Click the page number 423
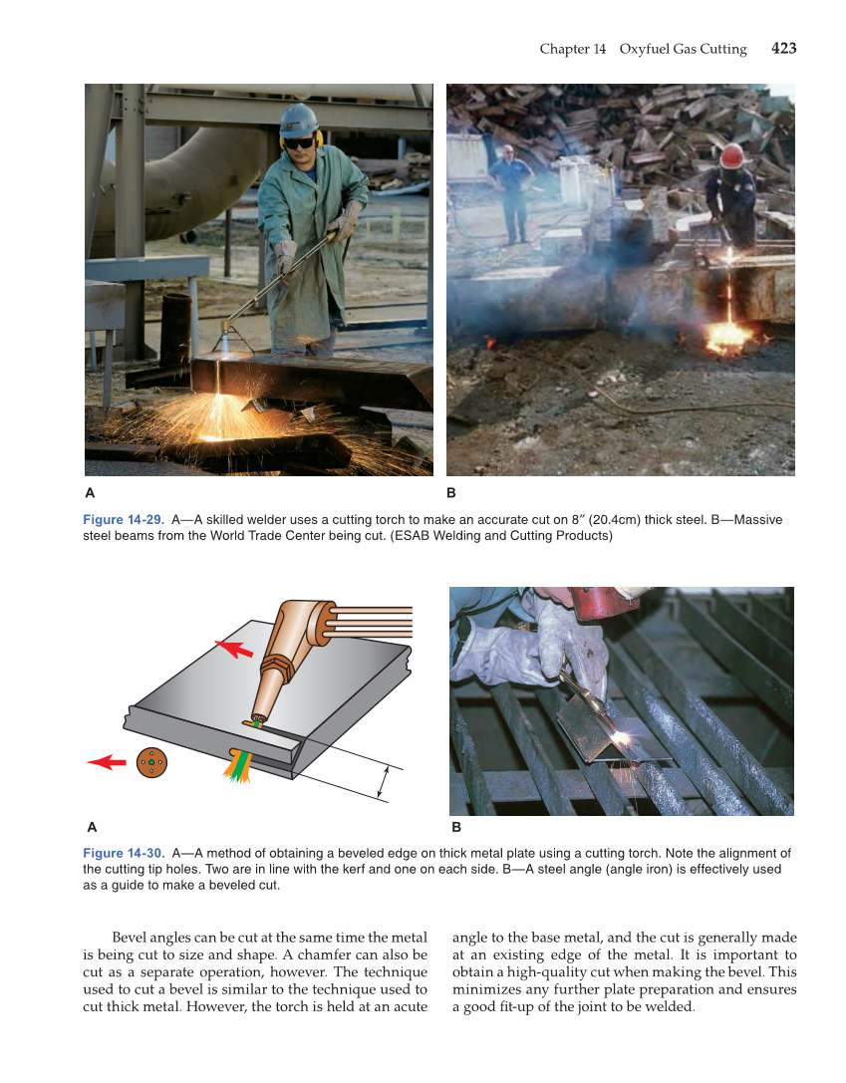[783, 48]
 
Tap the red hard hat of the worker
[732, 155]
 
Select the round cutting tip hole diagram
[151, 762]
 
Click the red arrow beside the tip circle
[107, 762]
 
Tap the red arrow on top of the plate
[234, 649]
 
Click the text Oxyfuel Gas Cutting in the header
[683, 49]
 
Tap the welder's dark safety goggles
[298, 142]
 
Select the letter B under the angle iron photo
[455, 826]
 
